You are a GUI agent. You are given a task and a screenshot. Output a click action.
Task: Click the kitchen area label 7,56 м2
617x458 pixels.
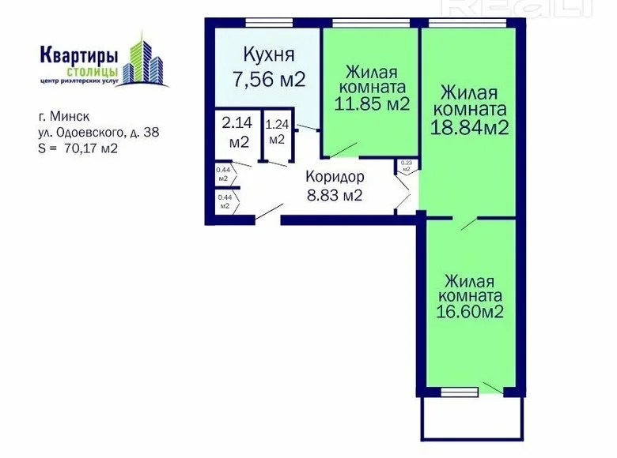pyautogui.click(x=269, y=79)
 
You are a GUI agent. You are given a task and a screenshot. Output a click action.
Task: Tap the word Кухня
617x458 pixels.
pyautogui.click(x=269, y=55)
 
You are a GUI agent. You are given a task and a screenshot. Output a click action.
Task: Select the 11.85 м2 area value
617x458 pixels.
pyautogui.click(x=372, y=104)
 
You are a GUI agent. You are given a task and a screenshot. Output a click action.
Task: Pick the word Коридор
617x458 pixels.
pyautogui.click(x=335, y=178)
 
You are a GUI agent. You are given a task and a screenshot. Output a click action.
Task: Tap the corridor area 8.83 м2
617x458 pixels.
pyautogui.click(x=335, y=195)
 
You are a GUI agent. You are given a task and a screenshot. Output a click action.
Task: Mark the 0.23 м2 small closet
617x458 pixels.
pyautogui.click(x=406, y=166)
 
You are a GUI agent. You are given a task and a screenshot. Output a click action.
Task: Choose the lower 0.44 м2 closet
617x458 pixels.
pyautogui.click(x=224, y=201)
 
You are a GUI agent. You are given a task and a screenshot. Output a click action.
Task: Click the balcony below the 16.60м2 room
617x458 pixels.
pyautogui.click(x=471, y=422)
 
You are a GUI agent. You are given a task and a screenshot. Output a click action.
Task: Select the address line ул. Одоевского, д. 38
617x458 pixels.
pyautogui.click(x=98, y=133)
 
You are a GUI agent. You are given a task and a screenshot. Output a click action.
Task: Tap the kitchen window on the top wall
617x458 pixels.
pyautogui.click(x=269, y=22)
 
